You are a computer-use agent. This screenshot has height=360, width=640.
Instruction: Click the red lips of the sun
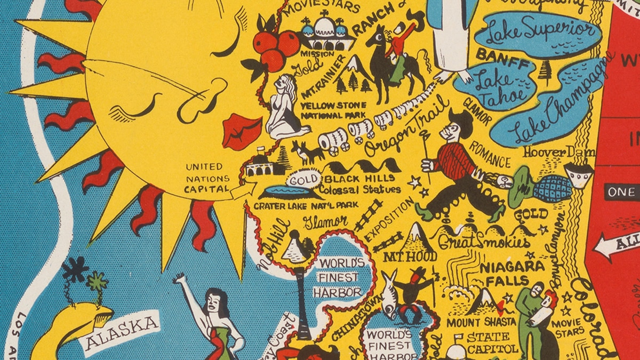tap(241, 131)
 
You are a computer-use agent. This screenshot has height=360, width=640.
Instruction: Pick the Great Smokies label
tap(484, 242)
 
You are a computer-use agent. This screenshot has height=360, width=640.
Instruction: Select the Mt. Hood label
tap(411, 256)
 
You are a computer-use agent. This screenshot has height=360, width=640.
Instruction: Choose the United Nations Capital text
tap(207, 178)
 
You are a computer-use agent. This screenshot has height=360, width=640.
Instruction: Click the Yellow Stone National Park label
tap(333, 109)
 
